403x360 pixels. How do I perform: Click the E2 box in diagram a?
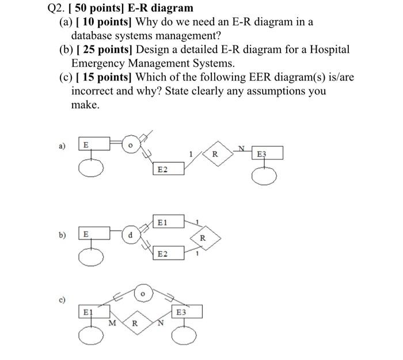(169, 168)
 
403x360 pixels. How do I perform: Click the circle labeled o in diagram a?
(131, 145)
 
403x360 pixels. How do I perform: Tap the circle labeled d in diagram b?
(131, 235)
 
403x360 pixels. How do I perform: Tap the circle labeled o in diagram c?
(143, 293)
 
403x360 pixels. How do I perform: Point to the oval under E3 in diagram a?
(266, 178)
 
